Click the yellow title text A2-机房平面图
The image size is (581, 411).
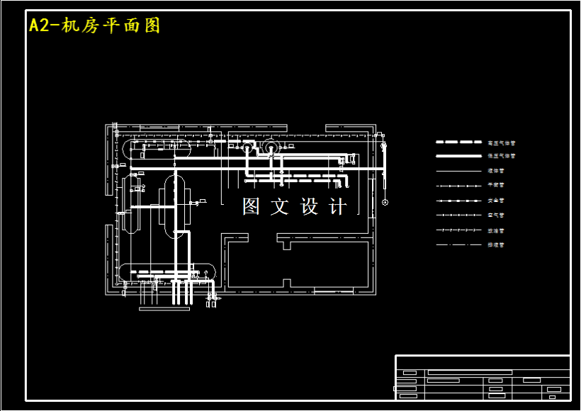click(x=94, y=26)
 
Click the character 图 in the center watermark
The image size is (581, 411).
click(x=252, y=206)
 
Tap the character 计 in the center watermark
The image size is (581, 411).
click(x=339, y=206)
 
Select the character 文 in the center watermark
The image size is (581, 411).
click(x=281, y=206)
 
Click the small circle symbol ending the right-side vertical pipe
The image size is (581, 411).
click(x=385, y=203)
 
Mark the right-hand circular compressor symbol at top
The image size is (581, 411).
click(x=270, y=147)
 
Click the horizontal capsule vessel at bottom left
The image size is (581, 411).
click(x=167, y=271)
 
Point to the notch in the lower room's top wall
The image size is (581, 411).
click(x=286, y=244)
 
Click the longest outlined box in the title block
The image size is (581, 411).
click(x=470, y=372)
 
